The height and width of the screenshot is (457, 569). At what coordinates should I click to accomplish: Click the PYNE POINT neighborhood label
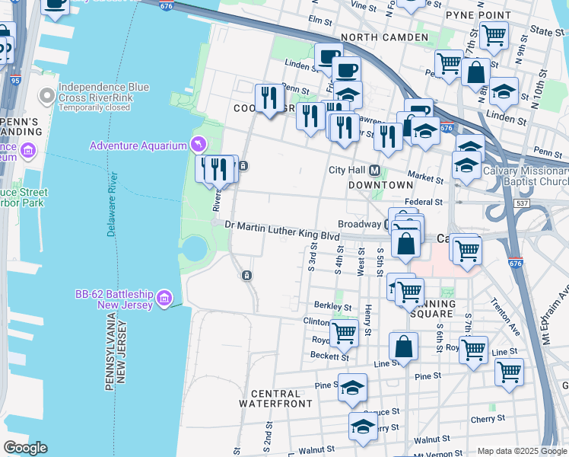pyautogui.click(x=478, y=14)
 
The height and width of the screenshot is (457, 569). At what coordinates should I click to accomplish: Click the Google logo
pyautogui.click(x=24, y=447)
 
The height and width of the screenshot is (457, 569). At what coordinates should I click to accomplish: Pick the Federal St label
pyautogui.click(x=423, y=202)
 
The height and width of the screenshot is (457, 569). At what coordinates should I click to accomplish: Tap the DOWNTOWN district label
pyautogui.click(x=381, y=184)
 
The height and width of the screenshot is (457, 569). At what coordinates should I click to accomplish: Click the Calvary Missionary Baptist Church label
pyautogui.click(x=526, y=176)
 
